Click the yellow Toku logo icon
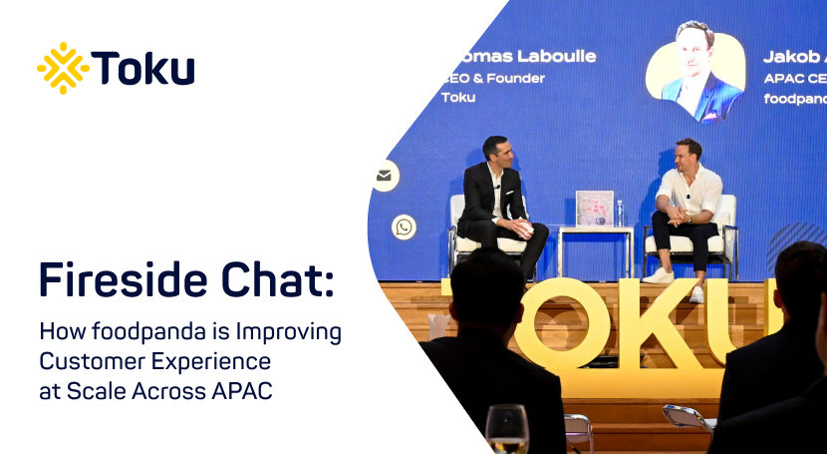click(63, 68)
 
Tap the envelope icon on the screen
click(384, 176)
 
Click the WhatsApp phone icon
click(404, 227)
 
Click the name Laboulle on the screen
click(551, 56)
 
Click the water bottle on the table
click(620, 213)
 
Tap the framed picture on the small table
click(595, 208)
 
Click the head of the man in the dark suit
click(497, 153)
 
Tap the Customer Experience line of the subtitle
click(154, 360)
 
